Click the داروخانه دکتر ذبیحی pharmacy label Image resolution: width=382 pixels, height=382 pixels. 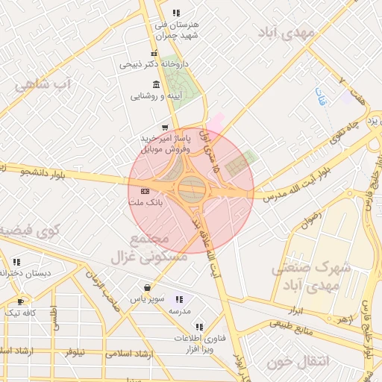(149, 65)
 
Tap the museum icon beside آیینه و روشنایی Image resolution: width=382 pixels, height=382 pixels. (155, 84)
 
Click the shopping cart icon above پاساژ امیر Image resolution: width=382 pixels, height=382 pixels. (164, 128)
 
